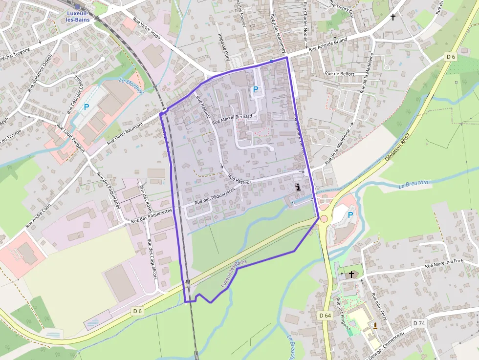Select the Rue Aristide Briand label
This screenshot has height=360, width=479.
(x=328, y=45)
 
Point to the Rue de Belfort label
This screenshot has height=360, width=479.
(x=340, y=74)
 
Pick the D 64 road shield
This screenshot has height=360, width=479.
(x=325, y=316)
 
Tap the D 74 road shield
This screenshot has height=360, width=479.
(x=419, y=323)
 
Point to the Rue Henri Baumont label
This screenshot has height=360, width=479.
(x=125, y=133)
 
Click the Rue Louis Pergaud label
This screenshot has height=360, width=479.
(x=71, y=139)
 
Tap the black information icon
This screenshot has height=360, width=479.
(x=299, y=187)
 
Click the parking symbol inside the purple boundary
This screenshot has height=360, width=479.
(x=255, y=89)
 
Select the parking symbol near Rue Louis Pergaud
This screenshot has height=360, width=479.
(x=87, y=106)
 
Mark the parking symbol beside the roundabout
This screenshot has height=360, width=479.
(x=350, y=214)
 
